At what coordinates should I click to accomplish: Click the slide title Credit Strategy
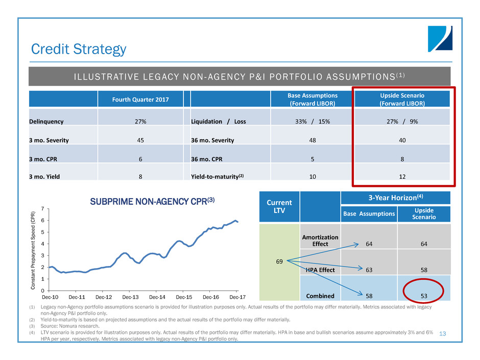coord(79,49)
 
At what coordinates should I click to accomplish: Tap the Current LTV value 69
coord(279,261)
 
